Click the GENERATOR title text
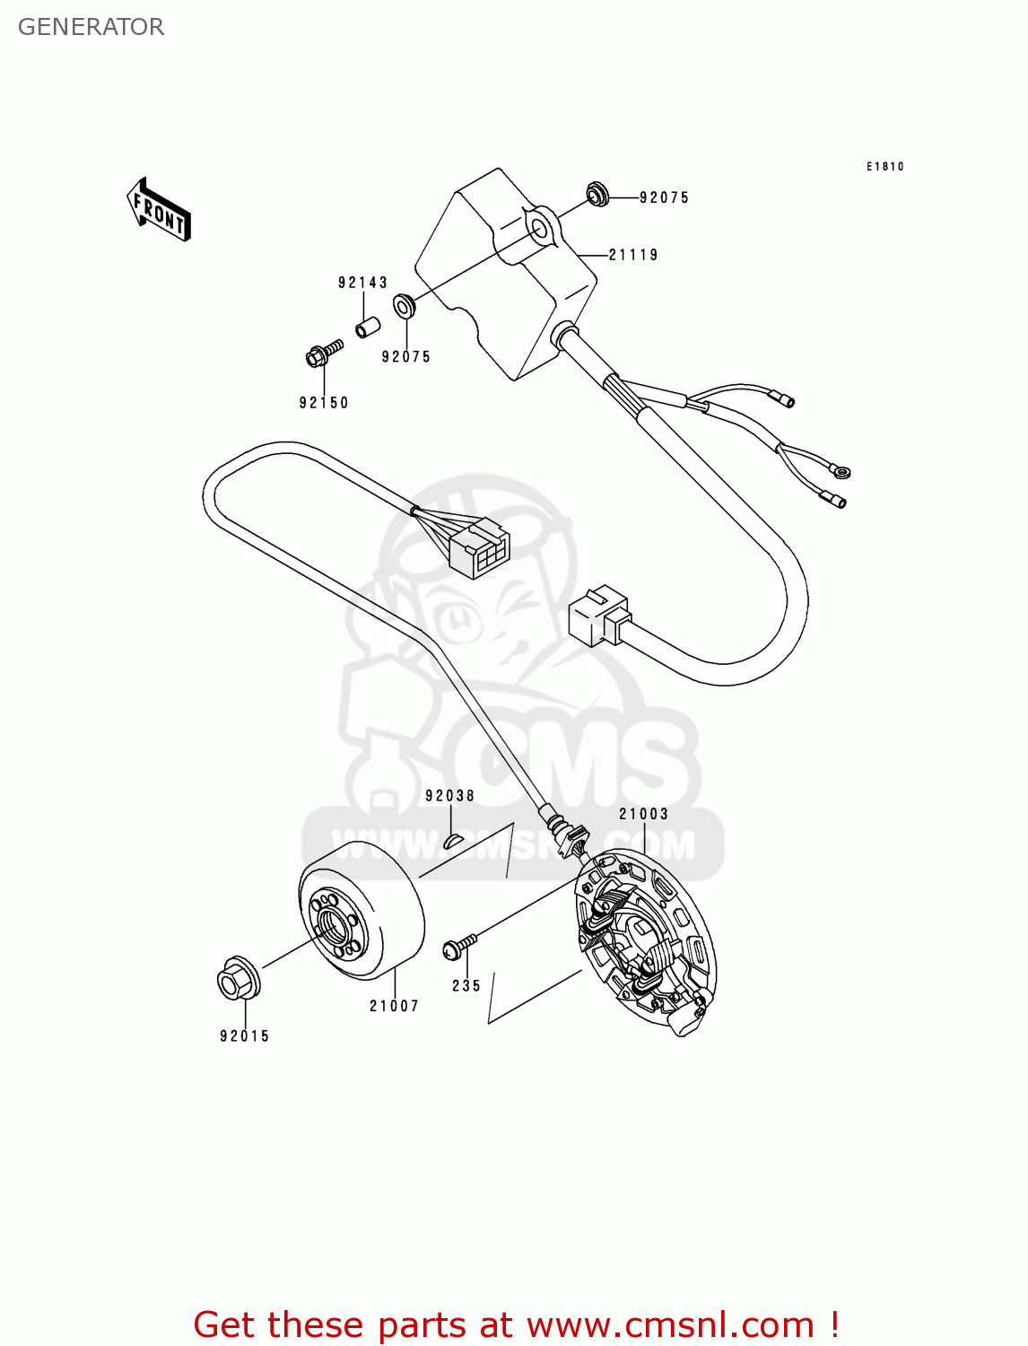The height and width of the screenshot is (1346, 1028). pos(91,27)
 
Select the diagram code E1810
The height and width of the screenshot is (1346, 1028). pos(884,166)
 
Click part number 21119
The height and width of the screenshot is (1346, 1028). pos(633,255)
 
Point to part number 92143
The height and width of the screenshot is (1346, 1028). pos(362,283)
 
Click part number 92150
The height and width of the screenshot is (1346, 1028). pos(324,403)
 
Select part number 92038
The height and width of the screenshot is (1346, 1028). pos(449,796)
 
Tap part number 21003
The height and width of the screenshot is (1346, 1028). pos(643,814)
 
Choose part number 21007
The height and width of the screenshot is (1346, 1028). pos(394,1006)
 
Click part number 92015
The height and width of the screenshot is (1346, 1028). pos(244,1036)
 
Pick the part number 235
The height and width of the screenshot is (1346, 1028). pos(466,985)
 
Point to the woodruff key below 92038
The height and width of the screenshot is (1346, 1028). pos(452,840)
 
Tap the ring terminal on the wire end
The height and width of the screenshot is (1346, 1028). pos(841,470)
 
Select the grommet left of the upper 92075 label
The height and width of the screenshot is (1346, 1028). pos(597,193)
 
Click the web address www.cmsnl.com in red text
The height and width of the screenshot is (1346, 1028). pos(670,1324)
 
